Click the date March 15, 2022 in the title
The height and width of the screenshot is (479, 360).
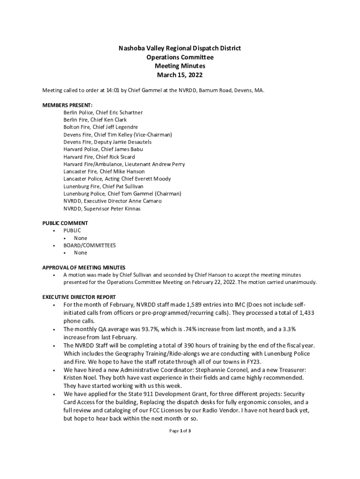click(180, 75)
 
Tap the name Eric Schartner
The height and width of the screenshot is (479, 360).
click(126, 113)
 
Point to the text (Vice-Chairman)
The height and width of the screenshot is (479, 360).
click(153, 135)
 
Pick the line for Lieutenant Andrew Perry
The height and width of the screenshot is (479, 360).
click(124, 164)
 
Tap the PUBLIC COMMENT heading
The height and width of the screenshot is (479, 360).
click(65, 223)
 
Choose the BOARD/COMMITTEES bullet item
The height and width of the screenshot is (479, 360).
click(89, 245)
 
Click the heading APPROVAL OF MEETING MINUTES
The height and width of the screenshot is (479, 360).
click(84, 268)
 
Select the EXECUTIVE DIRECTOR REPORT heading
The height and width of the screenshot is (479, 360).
click(79, 297)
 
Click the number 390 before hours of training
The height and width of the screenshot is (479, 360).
click(188, 345)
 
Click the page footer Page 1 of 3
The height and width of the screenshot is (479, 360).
click(180, 431)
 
